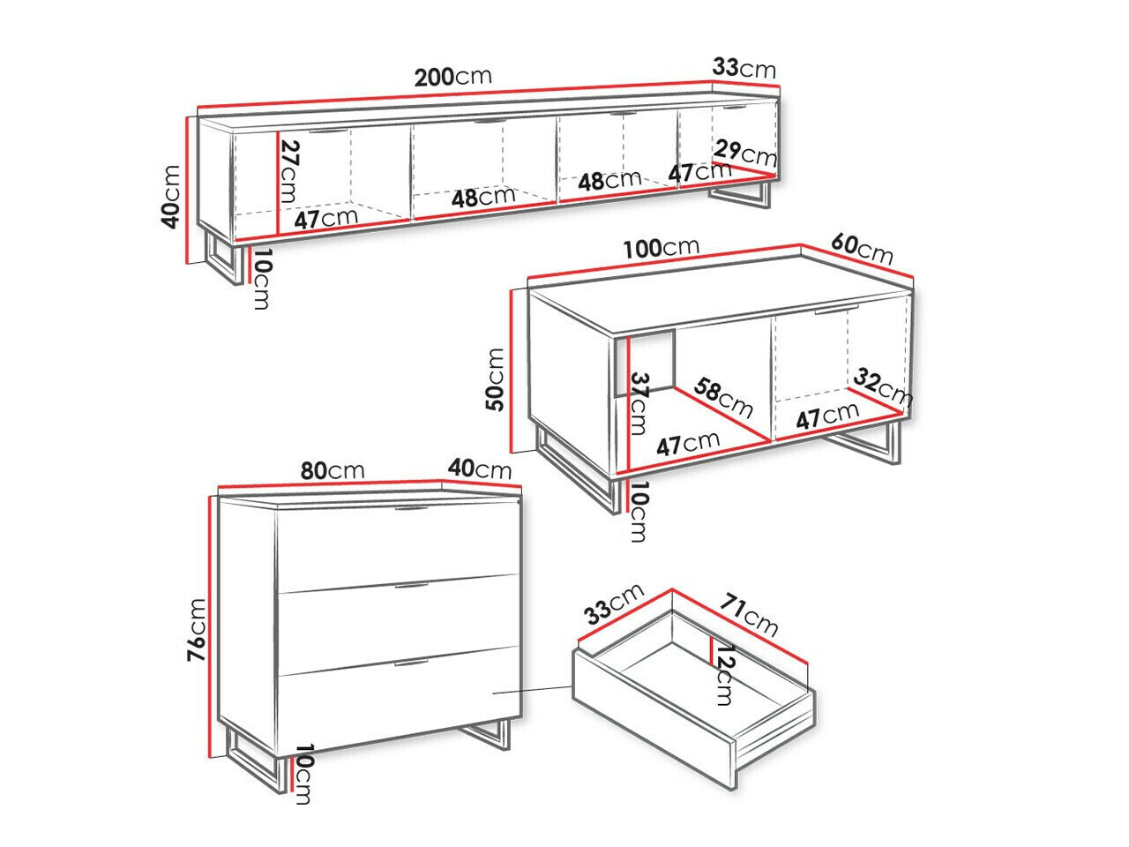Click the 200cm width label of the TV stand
[452, 77]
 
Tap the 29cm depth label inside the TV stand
[745, 153]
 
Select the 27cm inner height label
[289, 171]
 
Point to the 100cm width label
[662, 248]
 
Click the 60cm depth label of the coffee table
[862, 249]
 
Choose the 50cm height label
[495, 379]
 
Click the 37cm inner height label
[638, 403]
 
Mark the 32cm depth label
[883, 386]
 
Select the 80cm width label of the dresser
[333, 470]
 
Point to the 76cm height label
[196, 630]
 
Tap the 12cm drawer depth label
[723, 675]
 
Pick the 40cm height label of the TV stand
[170, 197]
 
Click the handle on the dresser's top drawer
[411, 508]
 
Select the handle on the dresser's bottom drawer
[411, 663]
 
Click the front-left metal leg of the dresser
[256, 764]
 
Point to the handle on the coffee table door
[837, 310]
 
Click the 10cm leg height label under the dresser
[303, 774]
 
